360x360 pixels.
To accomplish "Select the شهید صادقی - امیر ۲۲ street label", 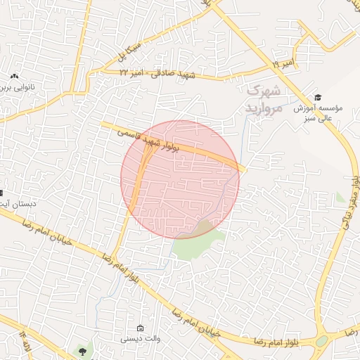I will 159,73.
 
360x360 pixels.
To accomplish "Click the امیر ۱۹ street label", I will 273,65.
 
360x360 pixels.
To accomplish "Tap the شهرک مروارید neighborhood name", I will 264,98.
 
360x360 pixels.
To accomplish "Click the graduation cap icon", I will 319,97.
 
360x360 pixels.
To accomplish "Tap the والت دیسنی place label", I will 139,338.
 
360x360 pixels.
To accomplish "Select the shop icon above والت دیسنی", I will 140,328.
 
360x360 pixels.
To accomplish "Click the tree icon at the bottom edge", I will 84,350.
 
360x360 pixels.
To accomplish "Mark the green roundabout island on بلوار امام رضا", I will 321,340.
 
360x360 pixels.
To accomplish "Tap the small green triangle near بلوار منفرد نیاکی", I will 340,198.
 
